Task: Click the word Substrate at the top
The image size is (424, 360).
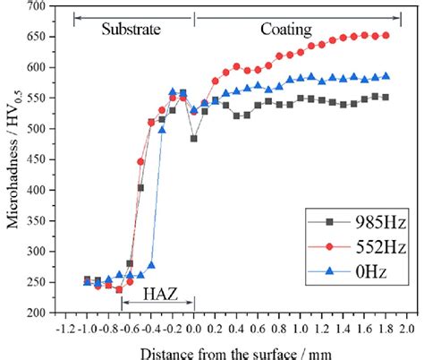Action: (131, 29)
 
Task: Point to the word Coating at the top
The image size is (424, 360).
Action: (286, 29)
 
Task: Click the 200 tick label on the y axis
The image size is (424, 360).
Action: (35, 313)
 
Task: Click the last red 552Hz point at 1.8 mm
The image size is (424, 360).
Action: (386, 36)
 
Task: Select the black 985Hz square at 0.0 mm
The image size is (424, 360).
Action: (194, 139)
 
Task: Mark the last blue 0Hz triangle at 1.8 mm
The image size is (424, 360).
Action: (386, 76)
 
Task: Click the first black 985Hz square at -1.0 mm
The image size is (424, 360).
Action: (87, 279)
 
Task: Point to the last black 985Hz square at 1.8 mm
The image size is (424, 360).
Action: (386, 98)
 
